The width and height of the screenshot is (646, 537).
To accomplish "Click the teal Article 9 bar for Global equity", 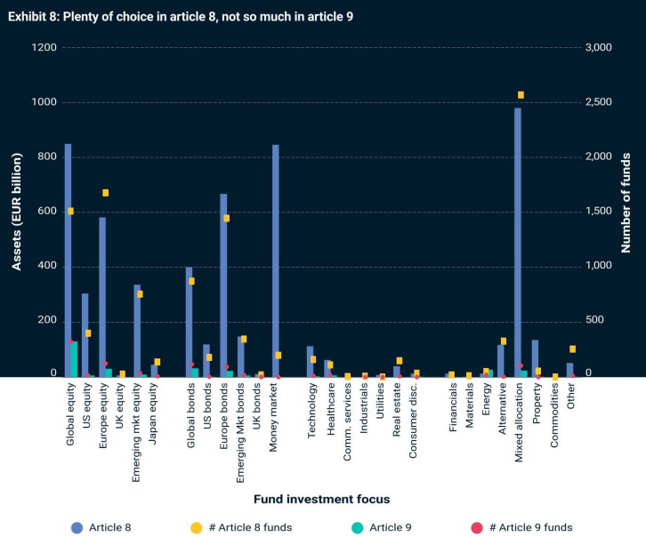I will click(x=75, y=359).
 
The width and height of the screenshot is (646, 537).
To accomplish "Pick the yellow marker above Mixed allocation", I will click(x=521, y=95).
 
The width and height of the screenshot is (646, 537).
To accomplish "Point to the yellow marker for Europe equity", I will click(x=106, y=193).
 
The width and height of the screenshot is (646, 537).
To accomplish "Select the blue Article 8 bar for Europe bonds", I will click(x=223, y=285).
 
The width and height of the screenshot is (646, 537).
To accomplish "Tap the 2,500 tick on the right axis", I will click(x=603, y=102).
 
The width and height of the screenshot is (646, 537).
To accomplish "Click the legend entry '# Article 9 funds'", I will click(x=526, y=527).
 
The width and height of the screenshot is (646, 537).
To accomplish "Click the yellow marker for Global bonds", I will click(x=192, y=281).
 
